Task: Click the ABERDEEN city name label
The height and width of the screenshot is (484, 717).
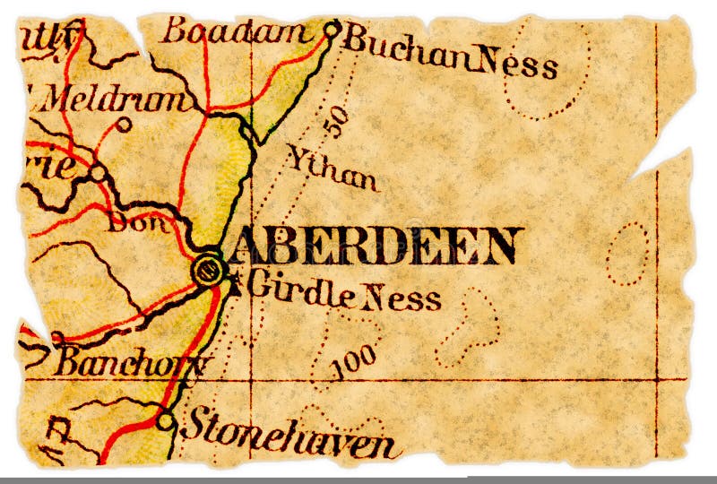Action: pyautogui.click(x=375, y=246)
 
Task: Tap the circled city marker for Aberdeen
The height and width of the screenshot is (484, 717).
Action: pyautogui.click(x=209, y=270)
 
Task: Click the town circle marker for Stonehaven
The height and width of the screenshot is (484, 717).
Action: pyautogui.click(x=165, y=419)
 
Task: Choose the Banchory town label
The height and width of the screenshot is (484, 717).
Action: pyautogui.click(x=130, y=362)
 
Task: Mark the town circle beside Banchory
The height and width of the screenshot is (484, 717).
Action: pyautogui.click(x=58, y=338)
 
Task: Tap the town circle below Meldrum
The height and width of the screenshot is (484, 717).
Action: pyautogui.click(x=124, y=125)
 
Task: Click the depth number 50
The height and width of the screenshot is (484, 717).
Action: pyautogui.click(x=333, y=121)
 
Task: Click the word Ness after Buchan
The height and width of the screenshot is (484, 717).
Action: pyautogui.click(x=518, y=63)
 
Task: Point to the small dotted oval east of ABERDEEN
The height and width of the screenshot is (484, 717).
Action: pyautogui.click(x=626, y=253)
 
